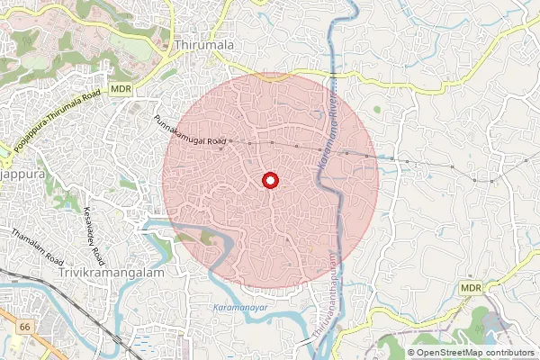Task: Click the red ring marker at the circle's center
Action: point(269,181)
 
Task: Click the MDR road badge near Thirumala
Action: point(121,90)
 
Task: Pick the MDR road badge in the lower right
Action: point(471,286)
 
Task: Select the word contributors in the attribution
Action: point(509,353)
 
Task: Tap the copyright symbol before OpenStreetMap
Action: point(412,353)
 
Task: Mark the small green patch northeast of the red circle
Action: point(376,110)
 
